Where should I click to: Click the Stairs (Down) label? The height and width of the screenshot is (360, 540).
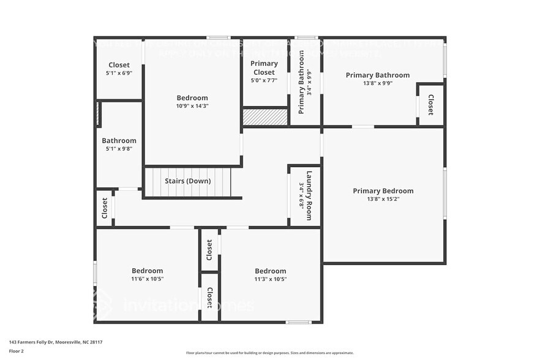pos(187,181)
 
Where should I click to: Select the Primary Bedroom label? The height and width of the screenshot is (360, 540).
pos(383,191)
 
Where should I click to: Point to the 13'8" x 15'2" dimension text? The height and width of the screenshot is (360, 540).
pos(383,199)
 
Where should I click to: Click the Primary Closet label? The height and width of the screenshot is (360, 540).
pos(264,68)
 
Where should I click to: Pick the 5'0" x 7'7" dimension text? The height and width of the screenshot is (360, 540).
pos(264,80)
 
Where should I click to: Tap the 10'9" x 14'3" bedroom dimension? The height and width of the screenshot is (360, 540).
pos(192,105)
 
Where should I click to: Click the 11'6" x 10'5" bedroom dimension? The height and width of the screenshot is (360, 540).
pos(148,279)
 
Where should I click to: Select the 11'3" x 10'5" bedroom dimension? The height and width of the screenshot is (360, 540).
pos(271,279)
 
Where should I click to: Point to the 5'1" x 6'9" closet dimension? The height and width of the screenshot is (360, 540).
pos(119,73)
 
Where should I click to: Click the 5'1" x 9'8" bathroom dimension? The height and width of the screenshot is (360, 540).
pos(119,148)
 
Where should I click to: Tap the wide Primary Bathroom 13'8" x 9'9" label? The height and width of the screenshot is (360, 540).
pos(377,80)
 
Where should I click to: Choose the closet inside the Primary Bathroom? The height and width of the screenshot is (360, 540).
pos(430,105)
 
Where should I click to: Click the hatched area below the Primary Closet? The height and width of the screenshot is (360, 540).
pos(264,117)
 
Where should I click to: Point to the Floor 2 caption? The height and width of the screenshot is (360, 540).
pos(17,351)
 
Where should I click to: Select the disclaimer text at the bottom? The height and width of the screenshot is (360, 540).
pos(269,353)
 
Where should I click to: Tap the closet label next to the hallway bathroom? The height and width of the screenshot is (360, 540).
pos(105,208)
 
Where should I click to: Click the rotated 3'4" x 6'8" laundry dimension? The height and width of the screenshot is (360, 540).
pos(301,195)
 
